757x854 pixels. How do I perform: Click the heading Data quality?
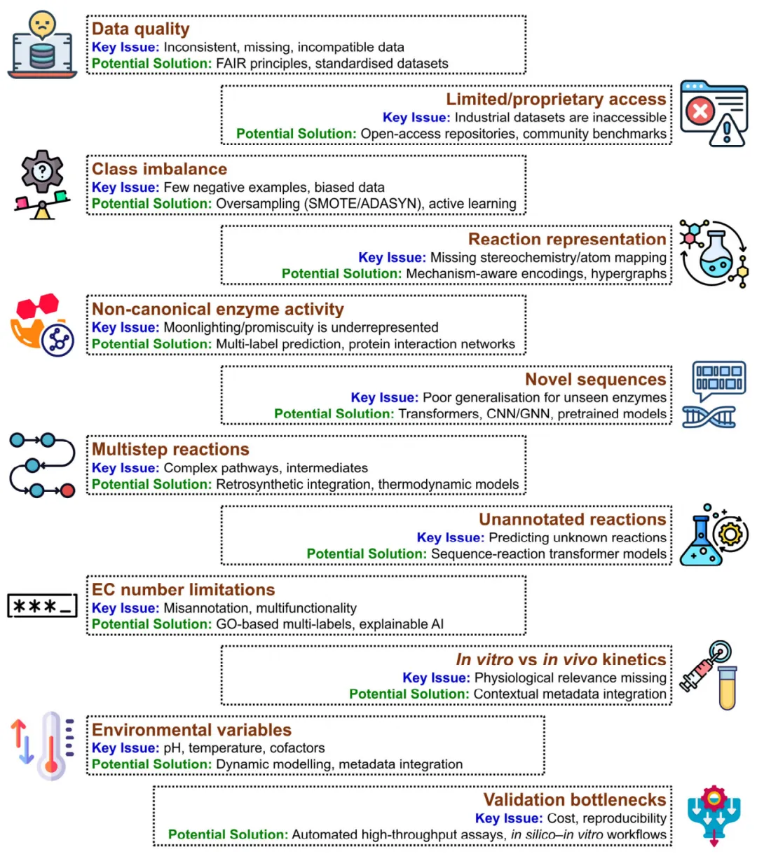pos(140,29)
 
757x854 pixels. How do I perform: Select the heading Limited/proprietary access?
pos(556,99)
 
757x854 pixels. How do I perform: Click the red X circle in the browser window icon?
pos(699,111)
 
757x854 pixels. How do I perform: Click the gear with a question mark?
pos(42,170)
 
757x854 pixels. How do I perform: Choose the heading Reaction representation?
pos(567,239)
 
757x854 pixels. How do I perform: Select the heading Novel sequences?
pos(596,379)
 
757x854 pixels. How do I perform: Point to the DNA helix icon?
pos(709,417)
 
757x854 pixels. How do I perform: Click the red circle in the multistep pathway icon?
pos(67,490)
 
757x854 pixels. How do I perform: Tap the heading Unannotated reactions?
pos(573,519)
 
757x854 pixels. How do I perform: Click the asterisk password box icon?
pos(42,606)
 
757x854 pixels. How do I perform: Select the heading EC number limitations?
pos(183,589)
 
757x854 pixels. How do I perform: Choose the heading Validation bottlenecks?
pos(575,799)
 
